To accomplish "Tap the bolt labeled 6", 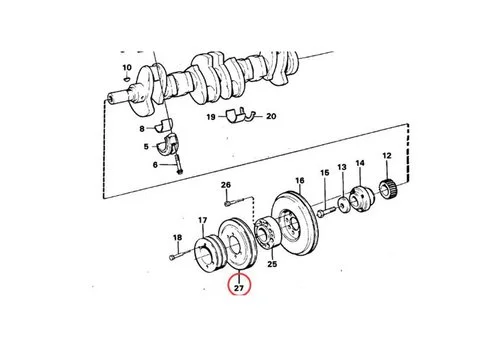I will point(176,163).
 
